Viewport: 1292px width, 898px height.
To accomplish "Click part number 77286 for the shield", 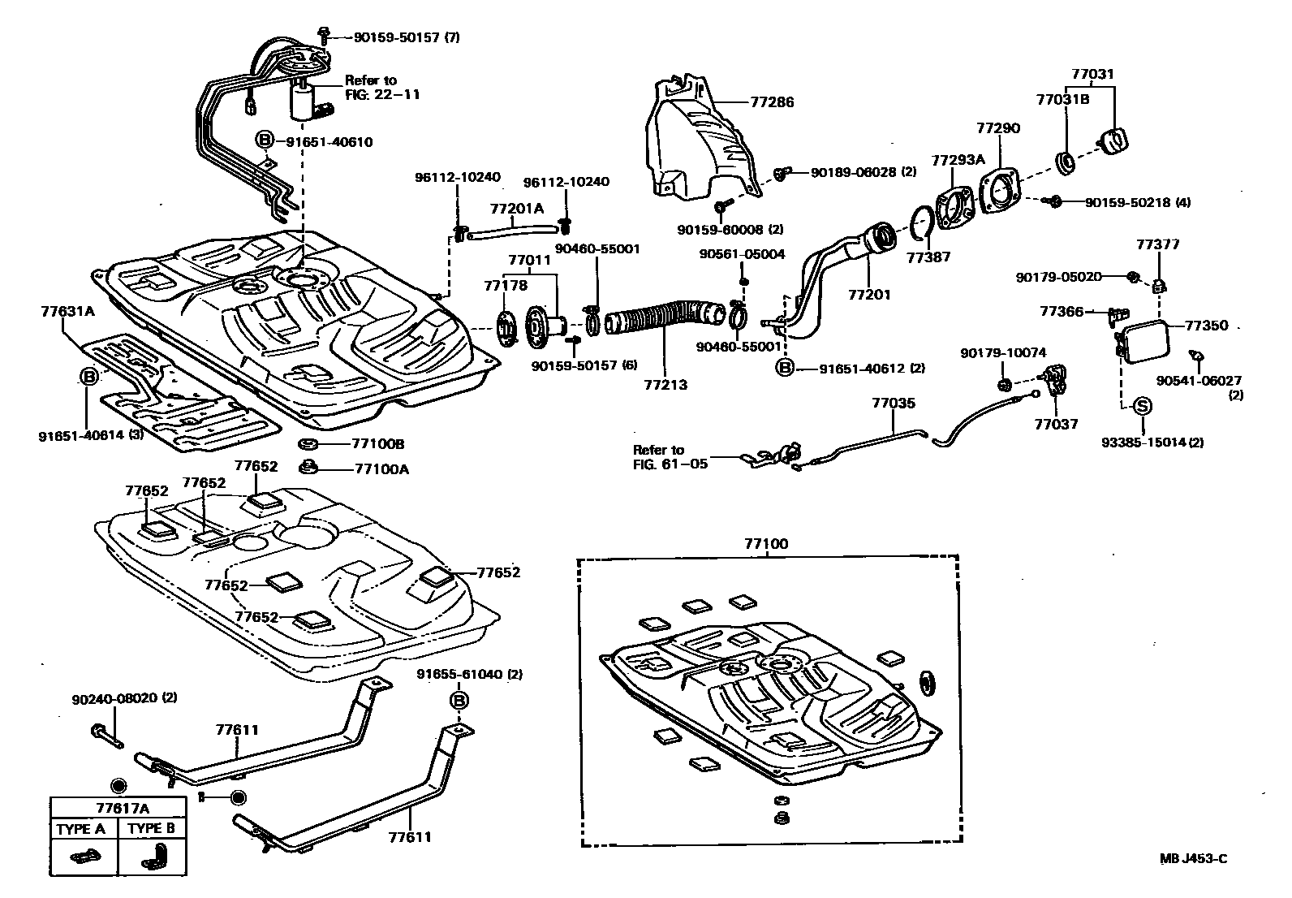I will click(772, 102).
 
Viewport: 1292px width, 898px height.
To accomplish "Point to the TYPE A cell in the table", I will click(80, 829).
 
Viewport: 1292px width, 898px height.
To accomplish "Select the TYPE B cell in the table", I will click(152, 829).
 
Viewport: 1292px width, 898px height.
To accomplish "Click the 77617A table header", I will click(118, 808).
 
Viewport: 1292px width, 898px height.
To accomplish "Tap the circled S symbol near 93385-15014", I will click(1141, 405).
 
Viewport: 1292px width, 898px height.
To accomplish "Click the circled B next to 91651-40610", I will click(265, 141).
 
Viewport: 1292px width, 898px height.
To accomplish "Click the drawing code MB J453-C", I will click(1192, 859).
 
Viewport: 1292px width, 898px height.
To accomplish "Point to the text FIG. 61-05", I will click(670, 464).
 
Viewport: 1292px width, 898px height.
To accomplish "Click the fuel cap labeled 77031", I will click(1113, 140).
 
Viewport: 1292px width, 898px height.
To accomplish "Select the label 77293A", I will click(958, 160).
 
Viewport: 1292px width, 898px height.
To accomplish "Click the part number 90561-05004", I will click(742, 254).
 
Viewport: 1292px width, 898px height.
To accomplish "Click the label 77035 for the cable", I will click(894, 402).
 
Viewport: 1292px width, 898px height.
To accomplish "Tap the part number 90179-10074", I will click(1003, 352).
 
